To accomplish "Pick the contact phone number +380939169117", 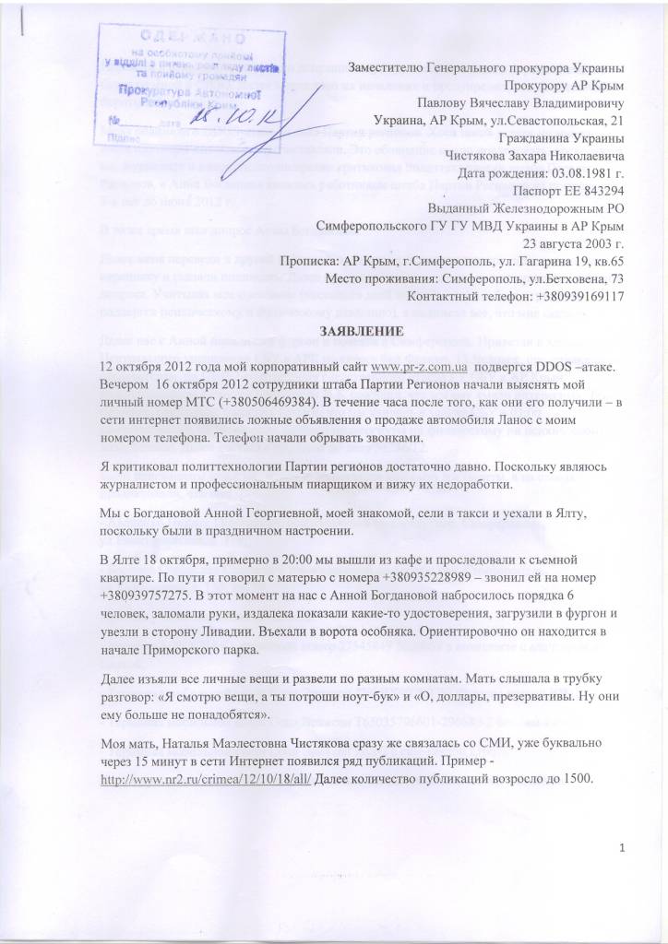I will pos(572,296).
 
